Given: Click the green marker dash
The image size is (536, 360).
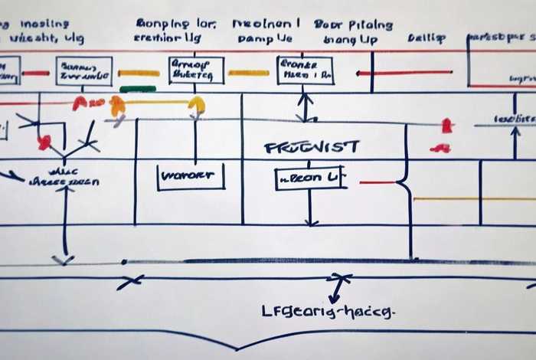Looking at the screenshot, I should tap(138, 89).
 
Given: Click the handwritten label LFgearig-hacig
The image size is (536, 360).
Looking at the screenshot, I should tap(328, 311).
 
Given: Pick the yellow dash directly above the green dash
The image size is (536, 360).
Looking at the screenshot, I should tap(139, 74).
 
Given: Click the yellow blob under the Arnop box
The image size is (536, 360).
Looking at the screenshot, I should tap(197, 103).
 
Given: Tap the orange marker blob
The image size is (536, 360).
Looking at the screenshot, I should tap(117, 106).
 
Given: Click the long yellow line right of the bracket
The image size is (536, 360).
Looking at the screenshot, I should tap(475, 199).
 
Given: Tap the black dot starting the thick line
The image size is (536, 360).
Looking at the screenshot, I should tap(124, 262).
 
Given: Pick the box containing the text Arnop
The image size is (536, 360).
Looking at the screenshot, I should tap(196, 70).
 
